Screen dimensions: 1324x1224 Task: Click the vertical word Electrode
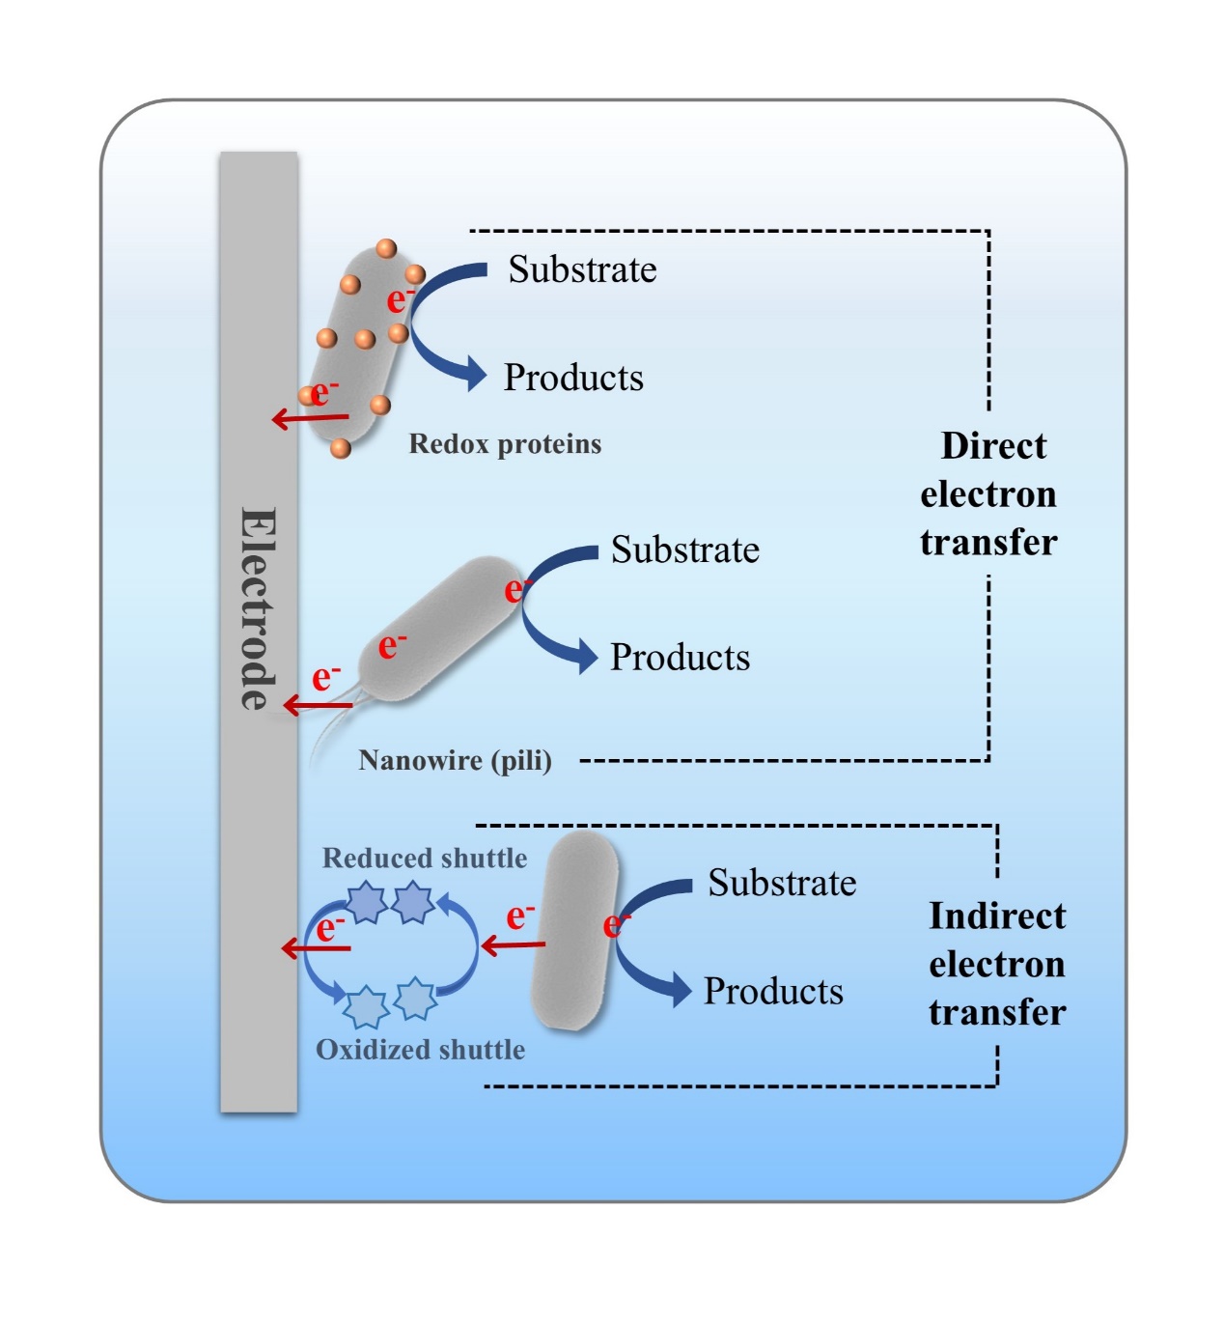[258, 608]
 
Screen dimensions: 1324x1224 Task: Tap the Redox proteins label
[505, 444]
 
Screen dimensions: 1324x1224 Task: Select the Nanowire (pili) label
[455, 761]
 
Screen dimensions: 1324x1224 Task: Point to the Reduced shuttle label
[425, 858]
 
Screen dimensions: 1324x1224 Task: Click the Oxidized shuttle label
[421, 1050]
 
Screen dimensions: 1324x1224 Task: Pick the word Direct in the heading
[993, 446]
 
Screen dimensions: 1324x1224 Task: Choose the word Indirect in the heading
[997, 916]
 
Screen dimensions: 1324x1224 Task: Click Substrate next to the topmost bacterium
[582, 269]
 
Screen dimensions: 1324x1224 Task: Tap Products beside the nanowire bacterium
[680, 658]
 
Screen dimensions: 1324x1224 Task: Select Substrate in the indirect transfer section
[782, 883]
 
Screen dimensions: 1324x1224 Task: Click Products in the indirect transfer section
[773, 991]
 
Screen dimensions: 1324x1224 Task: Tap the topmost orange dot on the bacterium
[386, 249]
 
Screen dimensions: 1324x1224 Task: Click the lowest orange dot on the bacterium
[340, 448]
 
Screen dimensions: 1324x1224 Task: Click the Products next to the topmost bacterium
[573, 378]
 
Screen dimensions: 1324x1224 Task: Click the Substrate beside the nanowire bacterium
[684, 550]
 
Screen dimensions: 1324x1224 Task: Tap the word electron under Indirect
[997, 964]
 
